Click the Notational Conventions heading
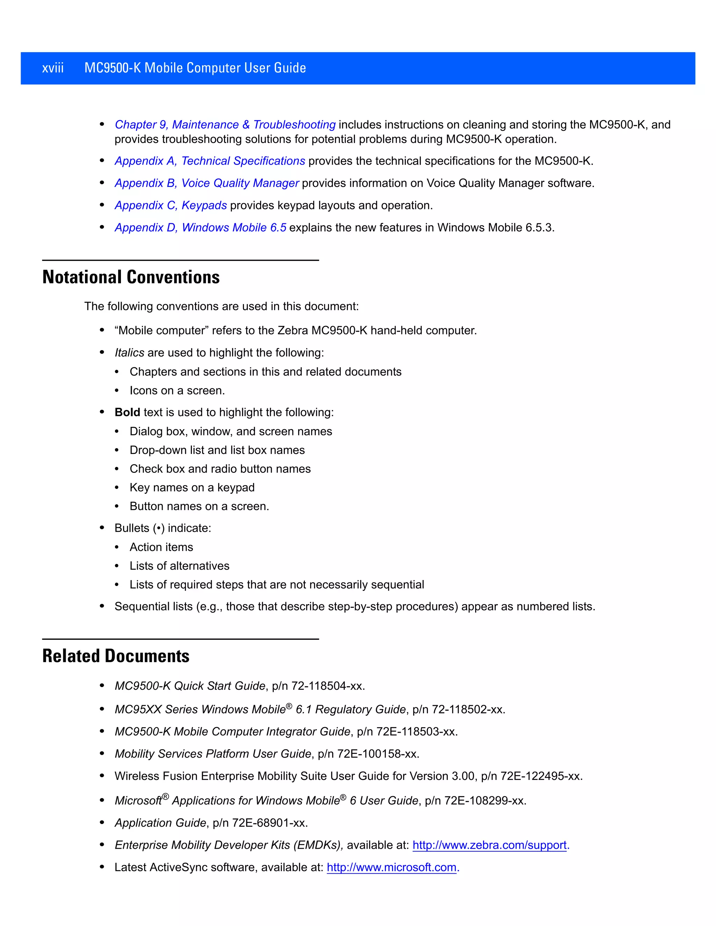(131, 277)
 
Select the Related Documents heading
(116, 656)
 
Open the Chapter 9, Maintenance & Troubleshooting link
(225, 125)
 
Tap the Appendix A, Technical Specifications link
(209, 161)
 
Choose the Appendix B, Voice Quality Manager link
(207, 183)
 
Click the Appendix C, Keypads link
(171, 205)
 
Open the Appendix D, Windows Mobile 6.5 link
(200, 228)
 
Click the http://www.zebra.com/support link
(489, 845)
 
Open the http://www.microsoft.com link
(392, 868)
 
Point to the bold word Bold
(127, 413)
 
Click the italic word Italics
(129, 353)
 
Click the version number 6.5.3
(539, 228)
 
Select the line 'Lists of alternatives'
(179, 566)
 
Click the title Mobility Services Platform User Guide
(213, 754)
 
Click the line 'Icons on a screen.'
(177, 391)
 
